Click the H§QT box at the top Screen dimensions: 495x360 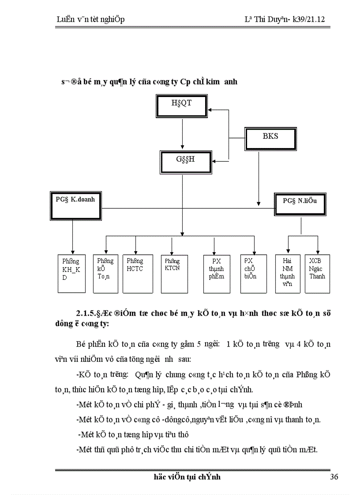click(182, 106)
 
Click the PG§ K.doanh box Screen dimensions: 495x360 click(73, 205)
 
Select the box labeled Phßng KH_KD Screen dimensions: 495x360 click(71, 273)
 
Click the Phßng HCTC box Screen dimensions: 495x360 click(135, 273)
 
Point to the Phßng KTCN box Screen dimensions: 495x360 click(172, 273)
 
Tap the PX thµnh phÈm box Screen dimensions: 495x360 click(217, 273)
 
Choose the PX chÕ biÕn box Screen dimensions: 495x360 click(253, 273)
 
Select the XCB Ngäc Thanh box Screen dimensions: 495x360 click(317, 273)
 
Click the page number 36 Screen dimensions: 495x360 click(334, 477)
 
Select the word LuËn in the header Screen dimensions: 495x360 click(66, 20)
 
